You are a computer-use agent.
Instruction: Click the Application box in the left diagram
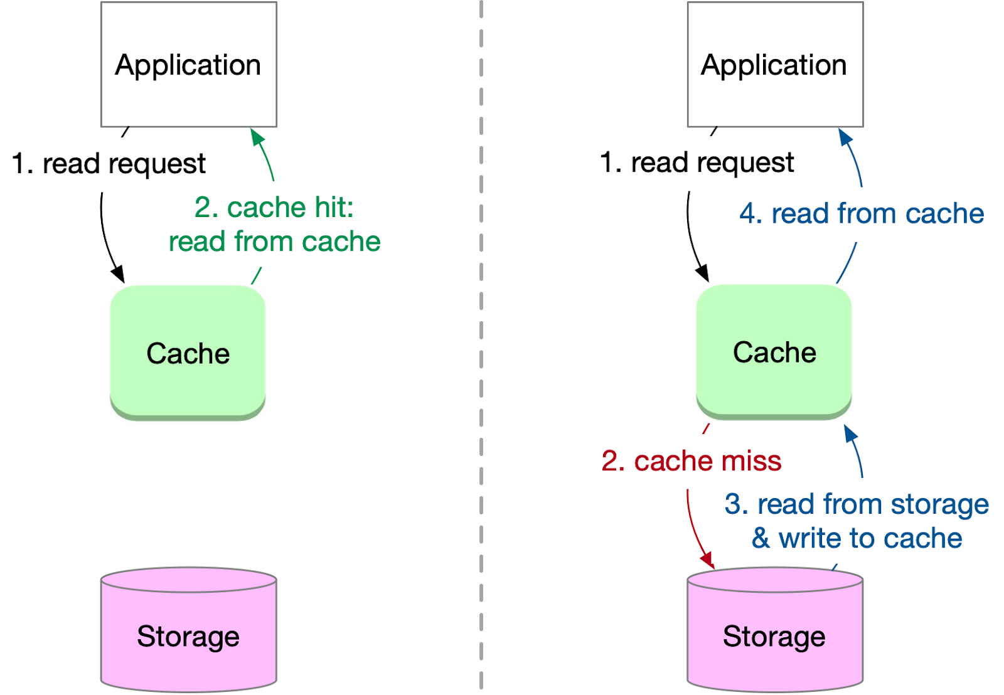[x=188, y=65]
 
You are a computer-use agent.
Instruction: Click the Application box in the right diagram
[x=774, y=65]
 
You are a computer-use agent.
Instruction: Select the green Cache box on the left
[x=188, y=353]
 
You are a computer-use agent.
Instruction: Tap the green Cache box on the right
[x=774, y=351]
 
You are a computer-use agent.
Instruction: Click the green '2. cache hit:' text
[x=274, y=208]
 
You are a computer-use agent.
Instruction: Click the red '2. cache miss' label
[x=691, y=461]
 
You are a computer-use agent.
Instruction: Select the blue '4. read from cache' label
[x=861, y=214]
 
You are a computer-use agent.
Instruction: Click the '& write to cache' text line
[x=857, y=538]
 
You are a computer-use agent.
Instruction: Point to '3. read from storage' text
[x=857, y=504]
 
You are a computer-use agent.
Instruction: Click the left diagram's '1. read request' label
[x=109, y=164]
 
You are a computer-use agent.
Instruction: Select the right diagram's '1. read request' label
[x=697, y=162]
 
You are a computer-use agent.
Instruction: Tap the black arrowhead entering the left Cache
[x=119, y=275]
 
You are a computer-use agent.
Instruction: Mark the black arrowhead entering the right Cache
[x=703, y=273]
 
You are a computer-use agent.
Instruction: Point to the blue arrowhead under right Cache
[x=850, y=433]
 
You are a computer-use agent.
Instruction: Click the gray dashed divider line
[x=481, y=345]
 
